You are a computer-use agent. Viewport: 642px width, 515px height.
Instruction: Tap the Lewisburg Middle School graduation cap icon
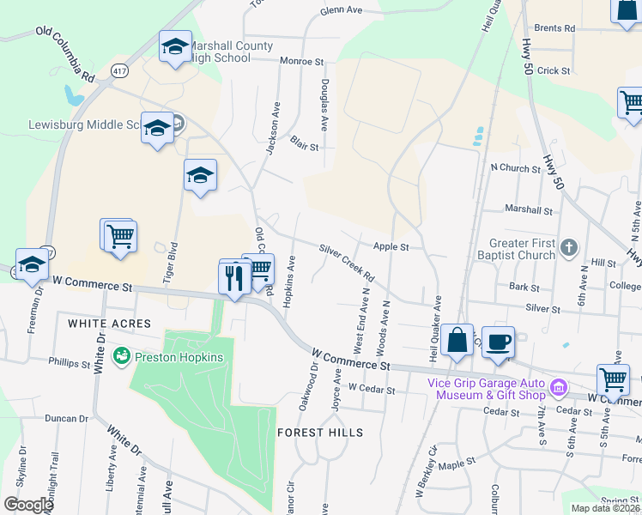click(157, 130)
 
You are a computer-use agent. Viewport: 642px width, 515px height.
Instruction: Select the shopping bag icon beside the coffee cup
click(457, 341)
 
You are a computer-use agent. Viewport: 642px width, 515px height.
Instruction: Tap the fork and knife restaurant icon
click(234, 276)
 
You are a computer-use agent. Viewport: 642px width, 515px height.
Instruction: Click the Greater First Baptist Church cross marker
click(568, 249)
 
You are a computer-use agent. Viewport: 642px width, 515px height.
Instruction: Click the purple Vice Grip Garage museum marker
click(559, 389)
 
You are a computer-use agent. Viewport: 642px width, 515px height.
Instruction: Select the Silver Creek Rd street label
click(347, 264)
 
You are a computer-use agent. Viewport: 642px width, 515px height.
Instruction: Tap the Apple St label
click(391, 247)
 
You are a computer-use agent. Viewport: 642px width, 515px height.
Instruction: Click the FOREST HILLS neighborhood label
click(320, 433)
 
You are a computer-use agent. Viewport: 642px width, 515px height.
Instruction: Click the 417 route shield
click(118, 70)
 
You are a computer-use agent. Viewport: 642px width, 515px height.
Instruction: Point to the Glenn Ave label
click(341, 11)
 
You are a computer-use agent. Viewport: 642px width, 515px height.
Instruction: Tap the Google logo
click(28, 505)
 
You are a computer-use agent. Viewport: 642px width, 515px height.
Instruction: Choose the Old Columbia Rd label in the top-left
click(65, 52)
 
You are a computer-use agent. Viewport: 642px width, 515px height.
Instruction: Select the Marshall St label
click(528, 209)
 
